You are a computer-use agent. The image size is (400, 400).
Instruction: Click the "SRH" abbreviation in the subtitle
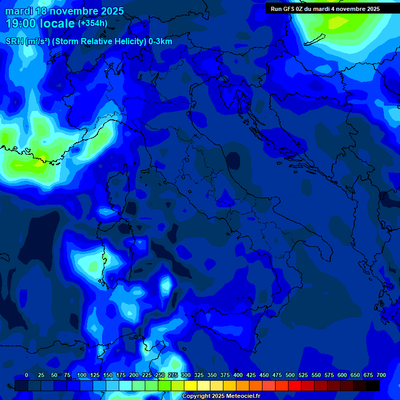[14, 42]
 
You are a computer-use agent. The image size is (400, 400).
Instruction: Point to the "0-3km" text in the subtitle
[160, 42]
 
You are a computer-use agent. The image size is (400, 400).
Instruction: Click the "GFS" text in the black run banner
[291, 9]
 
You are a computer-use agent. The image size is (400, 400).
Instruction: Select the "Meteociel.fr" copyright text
[240, 396]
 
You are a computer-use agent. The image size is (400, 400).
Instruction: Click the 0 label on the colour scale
[27, 375]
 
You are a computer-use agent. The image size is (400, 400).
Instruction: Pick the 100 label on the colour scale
[82, 375]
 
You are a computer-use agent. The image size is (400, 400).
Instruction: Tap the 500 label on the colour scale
[290, 375]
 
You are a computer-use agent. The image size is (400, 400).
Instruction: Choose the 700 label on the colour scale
[381, 375]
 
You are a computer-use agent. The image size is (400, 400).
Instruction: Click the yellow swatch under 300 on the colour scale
[191, 385]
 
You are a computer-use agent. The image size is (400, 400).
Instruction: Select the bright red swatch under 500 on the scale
[295, 385]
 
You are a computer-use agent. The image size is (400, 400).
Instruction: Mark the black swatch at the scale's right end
[373, 385]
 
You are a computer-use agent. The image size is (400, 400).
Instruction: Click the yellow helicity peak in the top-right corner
[337, 22]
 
